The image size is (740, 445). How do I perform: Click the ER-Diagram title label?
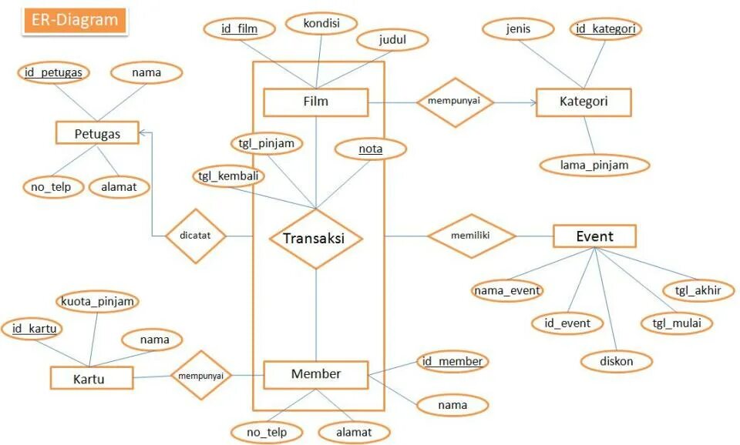point(74,20)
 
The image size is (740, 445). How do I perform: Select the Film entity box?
point(315,102)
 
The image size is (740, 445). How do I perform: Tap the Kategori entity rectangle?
point(583,102)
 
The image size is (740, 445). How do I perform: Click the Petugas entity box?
point(97,133)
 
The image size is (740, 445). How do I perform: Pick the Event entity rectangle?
point(594,236)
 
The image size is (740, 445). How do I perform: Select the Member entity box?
point(315,374)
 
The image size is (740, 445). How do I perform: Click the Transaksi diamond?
point(317,239)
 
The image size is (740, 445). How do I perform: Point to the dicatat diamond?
point(196,236)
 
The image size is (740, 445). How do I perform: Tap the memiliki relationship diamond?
point(472,236)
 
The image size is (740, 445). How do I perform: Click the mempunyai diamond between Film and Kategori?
point(455,102)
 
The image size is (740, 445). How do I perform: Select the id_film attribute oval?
point(239,30)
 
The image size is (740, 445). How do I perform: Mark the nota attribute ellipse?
point(371,149)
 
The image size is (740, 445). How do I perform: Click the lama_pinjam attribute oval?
point(594,165)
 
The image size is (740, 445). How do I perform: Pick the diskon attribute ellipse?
point(616,360)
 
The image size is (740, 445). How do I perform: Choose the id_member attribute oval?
point(452,361)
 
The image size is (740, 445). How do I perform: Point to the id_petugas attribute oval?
point(53,73)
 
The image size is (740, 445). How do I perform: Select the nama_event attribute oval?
point(507,291)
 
